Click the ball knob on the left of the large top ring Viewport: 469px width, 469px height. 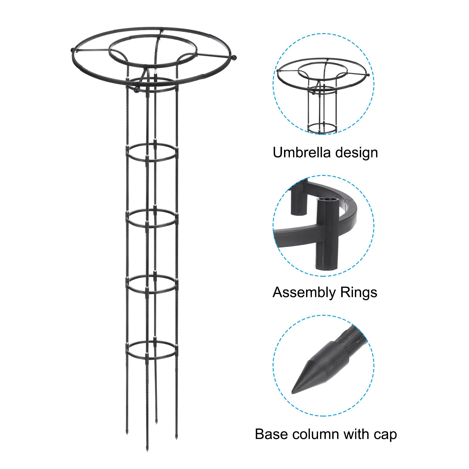(x=73, y=50)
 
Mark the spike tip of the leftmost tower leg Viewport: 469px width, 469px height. (x=127, y=433)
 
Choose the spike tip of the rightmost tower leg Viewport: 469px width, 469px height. (x=176, y=439)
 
